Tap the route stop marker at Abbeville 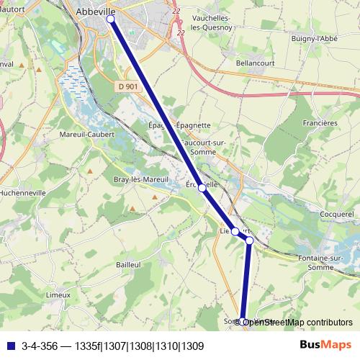click(111, 19)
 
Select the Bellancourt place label click(252, 63)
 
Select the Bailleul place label click(127, 265)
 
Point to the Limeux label click(58, 294)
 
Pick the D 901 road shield click(127, 86)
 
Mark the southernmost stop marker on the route click(243, 321)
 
